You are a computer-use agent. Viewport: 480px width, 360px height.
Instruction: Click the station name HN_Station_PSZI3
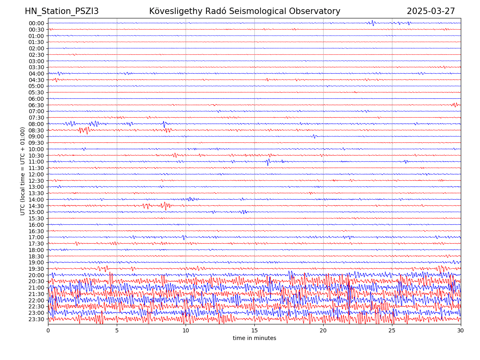[62, 11]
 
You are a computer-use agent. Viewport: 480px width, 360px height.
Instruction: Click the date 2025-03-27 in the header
[431, 11]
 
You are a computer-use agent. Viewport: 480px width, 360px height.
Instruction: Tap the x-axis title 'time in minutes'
[254, 338]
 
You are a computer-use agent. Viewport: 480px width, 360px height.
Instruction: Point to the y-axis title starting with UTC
[23, 171]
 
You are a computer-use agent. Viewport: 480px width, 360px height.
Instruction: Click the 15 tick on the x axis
[254, 331]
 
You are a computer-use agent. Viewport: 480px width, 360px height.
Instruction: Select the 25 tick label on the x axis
[392, 331]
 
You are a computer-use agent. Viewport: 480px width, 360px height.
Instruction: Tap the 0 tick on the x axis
[48, 331]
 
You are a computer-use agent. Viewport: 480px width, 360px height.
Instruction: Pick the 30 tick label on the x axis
[461, 331]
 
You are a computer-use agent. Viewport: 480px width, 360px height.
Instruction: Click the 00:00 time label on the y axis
[36, 23]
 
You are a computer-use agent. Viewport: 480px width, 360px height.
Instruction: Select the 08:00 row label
[36, 124]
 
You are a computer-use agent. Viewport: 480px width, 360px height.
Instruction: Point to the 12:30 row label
[36, 181]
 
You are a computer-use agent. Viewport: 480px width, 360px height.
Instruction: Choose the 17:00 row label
[36, 237]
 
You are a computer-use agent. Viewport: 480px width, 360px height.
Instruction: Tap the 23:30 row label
[36, 319]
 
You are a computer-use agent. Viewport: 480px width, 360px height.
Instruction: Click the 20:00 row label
[36, 275]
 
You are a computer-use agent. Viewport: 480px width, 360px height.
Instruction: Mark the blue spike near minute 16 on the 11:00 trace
[268, 162]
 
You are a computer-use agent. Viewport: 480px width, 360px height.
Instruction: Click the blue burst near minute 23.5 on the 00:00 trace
[372, 23]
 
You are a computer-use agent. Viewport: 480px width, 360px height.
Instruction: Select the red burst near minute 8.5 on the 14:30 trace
[165, 206]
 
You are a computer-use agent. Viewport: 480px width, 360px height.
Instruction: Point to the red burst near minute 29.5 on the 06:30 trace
[455, 105]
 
